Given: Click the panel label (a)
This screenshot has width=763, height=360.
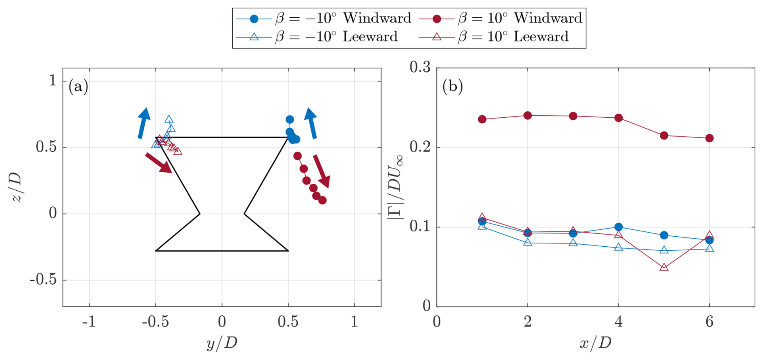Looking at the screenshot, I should (78, 86).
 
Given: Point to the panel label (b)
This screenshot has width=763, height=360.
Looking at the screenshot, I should (452, 86).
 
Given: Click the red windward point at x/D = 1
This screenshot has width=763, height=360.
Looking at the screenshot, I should (482, 119).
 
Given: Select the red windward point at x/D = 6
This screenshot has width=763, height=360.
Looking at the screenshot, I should (709, 138).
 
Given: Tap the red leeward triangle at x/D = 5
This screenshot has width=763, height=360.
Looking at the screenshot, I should (664, 267).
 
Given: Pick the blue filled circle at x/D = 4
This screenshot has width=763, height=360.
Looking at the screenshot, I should (619, 227).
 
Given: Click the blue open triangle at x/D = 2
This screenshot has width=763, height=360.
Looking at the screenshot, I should (527, 242).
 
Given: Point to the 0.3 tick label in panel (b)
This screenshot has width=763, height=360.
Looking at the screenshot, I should (420, 67).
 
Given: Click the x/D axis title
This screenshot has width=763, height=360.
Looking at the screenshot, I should (595, 343).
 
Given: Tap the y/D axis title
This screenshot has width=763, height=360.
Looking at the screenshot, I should (221, 343).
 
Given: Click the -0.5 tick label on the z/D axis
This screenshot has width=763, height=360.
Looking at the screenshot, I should (43, 280).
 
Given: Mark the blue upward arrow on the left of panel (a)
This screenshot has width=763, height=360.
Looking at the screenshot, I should (143, 123).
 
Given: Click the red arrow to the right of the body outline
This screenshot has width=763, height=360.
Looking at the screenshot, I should (322, 171).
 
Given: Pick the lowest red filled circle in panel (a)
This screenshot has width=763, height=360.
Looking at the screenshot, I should (322, 200).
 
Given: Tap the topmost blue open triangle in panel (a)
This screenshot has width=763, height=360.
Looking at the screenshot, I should (169, 119).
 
